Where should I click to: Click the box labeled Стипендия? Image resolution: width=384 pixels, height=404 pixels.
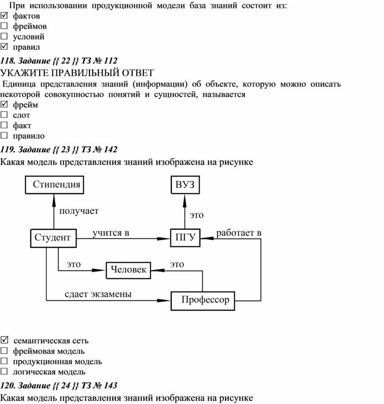point(55,185)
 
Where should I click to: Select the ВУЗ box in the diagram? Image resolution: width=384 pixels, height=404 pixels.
point(185,185)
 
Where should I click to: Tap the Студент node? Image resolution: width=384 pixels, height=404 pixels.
point(54,238)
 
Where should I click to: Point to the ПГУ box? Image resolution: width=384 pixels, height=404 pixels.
point(185,238)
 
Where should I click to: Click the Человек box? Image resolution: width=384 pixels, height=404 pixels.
point(128,270)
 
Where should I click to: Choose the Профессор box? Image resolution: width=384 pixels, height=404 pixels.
point(203,301)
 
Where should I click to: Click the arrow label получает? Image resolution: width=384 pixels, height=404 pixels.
point(79,211)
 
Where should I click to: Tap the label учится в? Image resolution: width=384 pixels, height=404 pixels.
point(111,233)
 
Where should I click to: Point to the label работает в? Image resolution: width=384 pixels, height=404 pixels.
point(239,233)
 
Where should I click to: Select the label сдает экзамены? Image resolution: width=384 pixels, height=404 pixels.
point(98,294)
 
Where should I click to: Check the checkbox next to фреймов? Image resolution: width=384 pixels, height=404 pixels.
point(4,26)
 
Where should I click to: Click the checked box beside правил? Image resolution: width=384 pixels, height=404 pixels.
point(4,47)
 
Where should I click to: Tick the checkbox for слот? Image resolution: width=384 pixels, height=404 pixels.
point(4,115)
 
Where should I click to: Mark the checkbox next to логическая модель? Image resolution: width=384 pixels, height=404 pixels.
point(4,371)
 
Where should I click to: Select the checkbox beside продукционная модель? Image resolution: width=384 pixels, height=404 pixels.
point(4,361)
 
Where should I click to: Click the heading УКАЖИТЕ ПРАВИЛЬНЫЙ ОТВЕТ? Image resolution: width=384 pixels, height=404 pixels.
point(77,73)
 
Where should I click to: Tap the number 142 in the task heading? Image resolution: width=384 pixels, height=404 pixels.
point(111,149)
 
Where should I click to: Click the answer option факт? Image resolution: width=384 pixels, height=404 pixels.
point(22,125)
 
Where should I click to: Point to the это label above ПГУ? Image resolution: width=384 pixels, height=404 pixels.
point(197,215)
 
